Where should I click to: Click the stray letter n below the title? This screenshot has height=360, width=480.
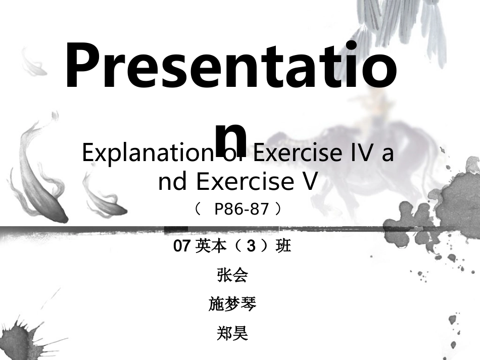(x=231, y=137)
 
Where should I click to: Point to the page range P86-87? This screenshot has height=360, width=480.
(x=242, y=209)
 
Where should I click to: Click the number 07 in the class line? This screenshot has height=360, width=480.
(x=181, y=246)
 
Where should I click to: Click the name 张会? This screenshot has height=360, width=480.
(x=232, y=275)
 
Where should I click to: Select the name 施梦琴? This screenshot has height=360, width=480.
(x=232, y=304)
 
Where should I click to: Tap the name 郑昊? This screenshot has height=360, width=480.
(x=232, y=333)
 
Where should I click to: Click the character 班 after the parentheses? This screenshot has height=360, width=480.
(x=283, y=246)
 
